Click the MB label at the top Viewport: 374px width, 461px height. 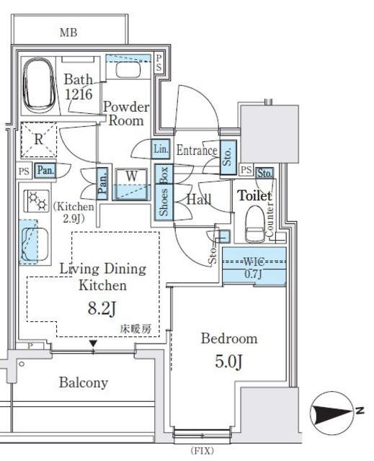69,32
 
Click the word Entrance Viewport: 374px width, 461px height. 197,151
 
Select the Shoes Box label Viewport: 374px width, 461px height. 164,192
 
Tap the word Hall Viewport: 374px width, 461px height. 199,199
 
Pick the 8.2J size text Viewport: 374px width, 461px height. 102,310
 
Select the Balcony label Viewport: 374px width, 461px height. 84,382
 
